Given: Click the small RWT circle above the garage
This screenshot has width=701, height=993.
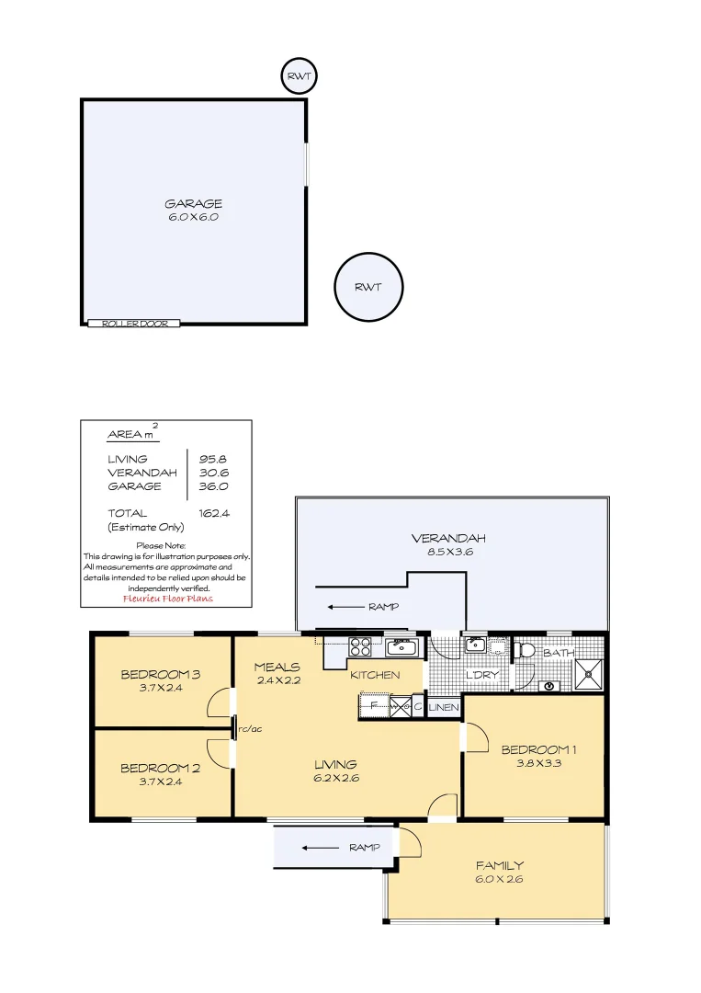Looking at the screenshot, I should point(299,77).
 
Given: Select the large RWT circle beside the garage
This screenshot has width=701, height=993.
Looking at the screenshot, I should point(367,288).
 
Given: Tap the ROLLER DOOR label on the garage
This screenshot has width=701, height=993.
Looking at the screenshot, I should point(134,324).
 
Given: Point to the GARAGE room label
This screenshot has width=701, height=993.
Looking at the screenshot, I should point(193,204).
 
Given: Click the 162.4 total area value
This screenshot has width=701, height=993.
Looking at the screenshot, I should point(213,514).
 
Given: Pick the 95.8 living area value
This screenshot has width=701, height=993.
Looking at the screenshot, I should point(213,459).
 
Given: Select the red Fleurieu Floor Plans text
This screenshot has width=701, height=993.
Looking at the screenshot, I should point(167,599).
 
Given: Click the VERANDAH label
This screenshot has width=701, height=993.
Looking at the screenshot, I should point(447,539).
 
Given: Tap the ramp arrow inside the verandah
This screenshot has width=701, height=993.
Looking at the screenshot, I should point(345,607).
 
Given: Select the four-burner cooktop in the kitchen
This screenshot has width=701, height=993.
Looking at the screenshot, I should point(359,646).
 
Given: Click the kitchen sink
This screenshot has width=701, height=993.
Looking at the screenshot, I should point(401,647).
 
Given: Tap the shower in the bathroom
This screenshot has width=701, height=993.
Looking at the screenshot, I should point(588,674).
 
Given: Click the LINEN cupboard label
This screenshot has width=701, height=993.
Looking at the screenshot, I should point(444,707).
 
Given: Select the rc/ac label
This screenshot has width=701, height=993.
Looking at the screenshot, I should point(250,729).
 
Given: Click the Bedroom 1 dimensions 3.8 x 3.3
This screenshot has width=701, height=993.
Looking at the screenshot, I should point(531,763).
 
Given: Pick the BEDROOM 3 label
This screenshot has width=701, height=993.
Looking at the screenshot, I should point(160,675).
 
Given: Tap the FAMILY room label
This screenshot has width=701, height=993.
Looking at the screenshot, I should point(499,865).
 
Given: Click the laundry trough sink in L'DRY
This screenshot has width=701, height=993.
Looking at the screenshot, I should point(476,644).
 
